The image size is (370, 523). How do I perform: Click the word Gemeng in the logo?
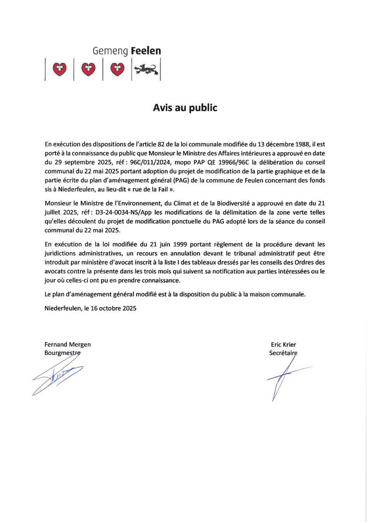[x=110, y=51]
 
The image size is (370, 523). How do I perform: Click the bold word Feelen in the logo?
[x=146, y=51]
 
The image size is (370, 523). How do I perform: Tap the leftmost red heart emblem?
[x=59, y=69]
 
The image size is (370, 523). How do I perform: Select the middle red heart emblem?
[x=88, y=69]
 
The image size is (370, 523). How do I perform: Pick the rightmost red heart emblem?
[x=117, y=69]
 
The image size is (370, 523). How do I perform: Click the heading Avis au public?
[x=185, y=108]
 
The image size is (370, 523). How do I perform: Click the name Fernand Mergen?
[x=67, y=344]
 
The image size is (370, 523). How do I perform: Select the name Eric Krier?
[x=283, y=344]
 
